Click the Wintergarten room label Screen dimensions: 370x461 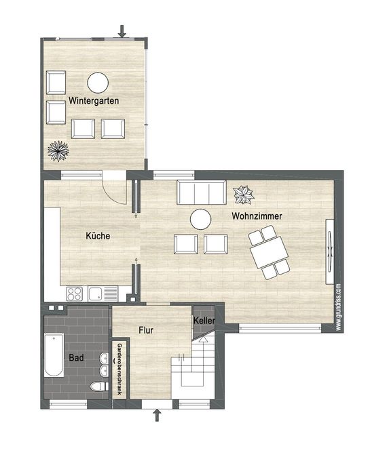pos(94,101)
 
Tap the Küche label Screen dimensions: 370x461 pos(98,235)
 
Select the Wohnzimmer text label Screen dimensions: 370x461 pos(257,216)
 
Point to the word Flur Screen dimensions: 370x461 pos(146,330)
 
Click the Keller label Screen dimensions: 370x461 pos(204,321)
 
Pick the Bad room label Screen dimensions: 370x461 pos(76,358)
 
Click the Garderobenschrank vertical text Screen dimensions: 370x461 pos(119,369)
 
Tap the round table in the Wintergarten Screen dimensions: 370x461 pos(98,83)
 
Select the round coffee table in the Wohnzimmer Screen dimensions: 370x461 pos(200,219)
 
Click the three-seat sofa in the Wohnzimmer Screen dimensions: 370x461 pos(202,193)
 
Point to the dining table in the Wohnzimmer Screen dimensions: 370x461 pos(269,252)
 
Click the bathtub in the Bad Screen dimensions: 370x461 pos(54,355)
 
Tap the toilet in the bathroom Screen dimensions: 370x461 pos(99,386)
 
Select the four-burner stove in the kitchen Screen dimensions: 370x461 pos(74,294)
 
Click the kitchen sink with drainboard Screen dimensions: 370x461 pos(103,294)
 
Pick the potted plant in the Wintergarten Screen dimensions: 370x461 pos(58,151)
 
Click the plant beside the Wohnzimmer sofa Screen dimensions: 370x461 pos(244,195)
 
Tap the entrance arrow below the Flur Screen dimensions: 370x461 pos(158,415)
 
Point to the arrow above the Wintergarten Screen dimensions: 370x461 pos(122,31)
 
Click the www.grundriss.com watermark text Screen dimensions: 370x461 pos(338,306)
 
